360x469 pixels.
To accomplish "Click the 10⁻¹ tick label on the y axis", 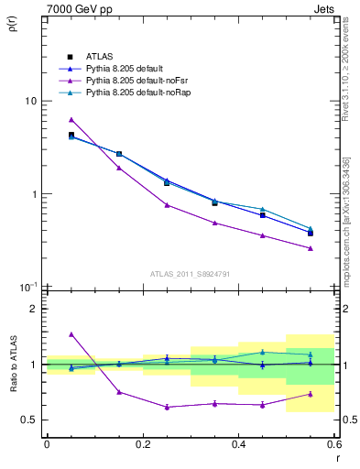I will pos(28,288).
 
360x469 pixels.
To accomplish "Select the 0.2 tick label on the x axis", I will pos(142,445).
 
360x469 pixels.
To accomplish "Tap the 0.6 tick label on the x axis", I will pos(333,445).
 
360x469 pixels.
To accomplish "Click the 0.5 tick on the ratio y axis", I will pos(33,420).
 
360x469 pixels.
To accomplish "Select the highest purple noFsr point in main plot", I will pos(71,120).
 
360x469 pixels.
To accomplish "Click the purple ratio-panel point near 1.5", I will pos(71,334).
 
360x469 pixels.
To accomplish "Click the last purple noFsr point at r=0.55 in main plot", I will pos(311,248).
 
